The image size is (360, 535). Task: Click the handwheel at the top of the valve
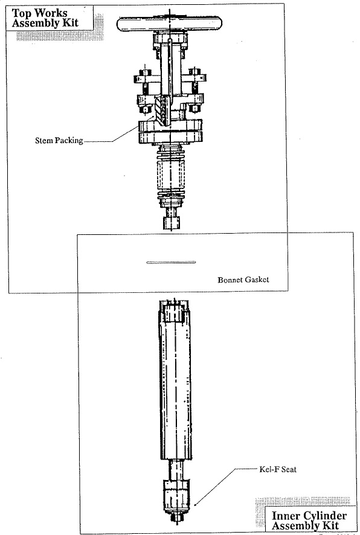pyautogui.click(x=170, y=24)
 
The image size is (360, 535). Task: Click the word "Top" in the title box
pyautogui.click(x=21, y=13)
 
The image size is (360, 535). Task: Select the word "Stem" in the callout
pyautogui.click(x=44, y=140)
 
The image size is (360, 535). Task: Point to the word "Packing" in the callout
pyautogui.click(x=69, y=141)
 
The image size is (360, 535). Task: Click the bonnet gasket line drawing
pyautogui.click(x=171, y=263)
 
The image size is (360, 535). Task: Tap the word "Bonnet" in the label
pyautogui.click(x=230, y=280)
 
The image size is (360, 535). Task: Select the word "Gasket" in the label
pyautogui.click(x=257, y=280)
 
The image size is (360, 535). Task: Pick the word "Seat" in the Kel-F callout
pyautogui.click(x=289, y=469)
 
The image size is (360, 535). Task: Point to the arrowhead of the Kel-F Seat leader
pyautogui.click(x=195, y=505)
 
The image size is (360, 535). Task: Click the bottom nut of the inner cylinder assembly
pyautogui.click(x=176, y=518)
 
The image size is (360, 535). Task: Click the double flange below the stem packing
pyautogui.click(x=170, y=132)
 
